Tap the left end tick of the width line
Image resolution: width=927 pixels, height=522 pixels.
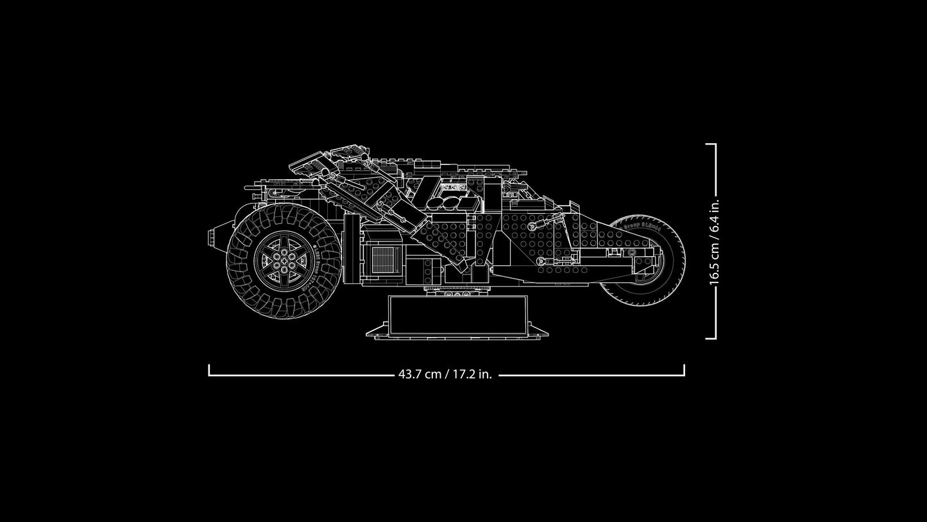tap(209, 370)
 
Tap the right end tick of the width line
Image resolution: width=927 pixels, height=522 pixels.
tap(684, 370)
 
